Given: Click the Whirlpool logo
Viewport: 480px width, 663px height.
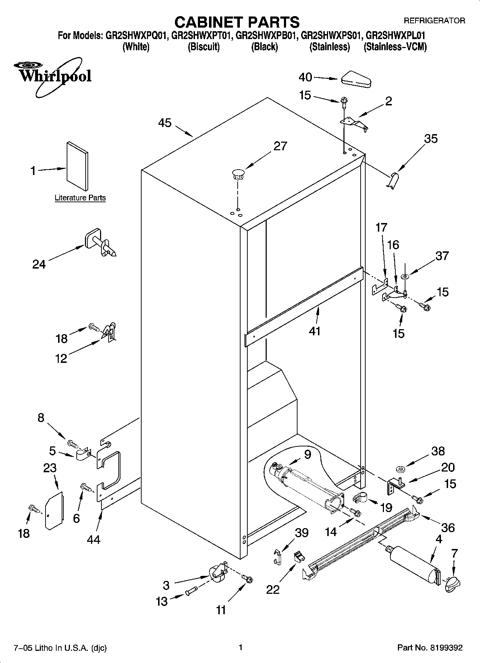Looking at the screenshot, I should (53, 76).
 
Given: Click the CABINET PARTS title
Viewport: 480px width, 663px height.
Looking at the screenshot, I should (237, 22).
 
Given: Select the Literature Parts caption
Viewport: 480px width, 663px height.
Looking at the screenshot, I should (80, 198).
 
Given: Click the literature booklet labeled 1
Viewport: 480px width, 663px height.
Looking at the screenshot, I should (77, 166).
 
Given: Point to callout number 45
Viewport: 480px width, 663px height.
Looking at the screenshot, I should (165, 123).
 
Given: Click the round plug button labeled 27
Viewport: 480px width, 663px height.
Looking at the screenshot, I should (237, 174).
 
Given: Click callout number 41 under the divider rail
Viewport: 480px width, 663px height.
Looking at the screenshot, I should (314, 331).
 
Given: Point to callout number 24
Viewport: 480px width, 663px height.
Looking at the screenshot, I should (39, 265).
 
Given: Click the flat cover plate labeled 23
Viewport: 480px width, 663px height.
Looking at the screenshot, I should (54, 510).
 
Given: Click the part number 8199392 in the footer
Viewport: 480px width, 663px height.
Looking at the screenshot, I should (446, 648).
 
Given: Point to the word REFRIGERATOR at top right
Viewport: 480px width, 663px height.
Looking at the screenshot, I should (434, 20).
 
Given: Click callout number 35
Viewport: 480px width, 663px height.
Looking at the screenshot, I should (431, 138).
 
